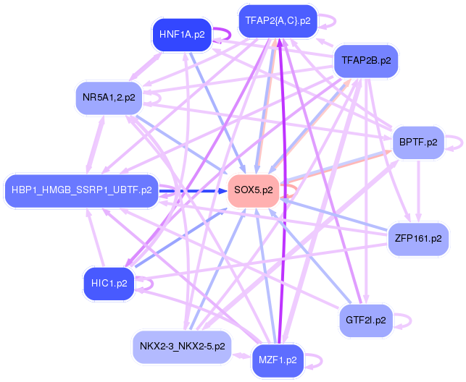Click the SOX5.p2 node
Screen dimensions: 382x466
[254, 190]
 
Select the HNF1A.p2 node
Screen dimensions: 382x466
[180, 34]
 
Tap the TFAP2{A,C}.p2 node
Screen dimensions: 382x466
[278, 21]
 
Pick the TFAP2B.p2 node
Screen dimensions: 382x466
[366, 61]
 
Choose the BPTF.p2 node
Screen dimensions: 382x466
[418, 142]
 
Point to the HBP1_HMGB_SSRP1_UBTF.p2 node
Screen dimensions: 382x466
[81, 190]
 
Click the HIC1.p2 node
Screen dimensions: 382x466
[109, 283]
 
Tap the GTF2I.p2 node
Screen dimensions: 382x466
[366, 319]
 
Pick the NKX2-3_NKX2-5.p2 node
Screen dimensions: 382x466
[182, 347]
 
